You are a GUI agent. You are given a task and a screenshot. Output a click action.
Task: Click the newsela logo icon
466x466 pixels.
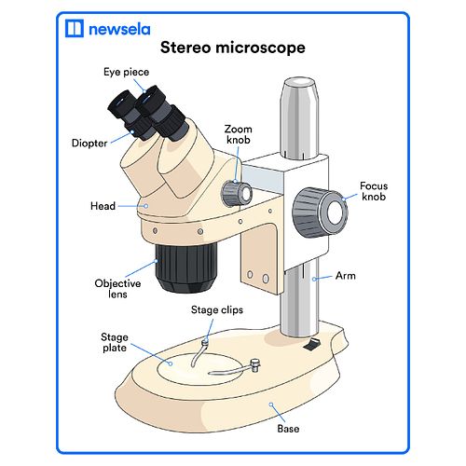point(75,28)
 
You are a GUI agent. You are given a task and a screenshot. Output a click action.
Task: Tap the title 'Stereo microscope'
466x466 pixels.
point(233,48)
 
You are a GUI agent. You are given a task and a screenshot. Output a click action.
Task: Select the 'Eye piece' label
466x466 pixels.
point(126,72)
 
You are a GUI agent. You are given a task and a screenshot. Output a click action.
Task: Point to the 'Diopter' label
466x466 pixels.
point(89,143)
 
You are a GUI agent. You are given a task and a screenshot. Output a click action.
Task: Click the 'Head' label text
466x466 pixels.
point(103,206)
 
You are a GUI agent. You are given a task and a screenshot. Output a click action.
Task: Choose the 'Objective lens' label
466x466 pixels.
point(117,289)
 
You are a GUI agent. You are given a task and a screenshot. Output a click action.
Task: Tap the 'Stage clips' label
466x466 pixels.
point(217,309)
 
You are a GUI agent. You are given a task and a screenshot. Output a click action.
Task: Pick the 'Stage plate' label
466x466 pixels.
point(115,342)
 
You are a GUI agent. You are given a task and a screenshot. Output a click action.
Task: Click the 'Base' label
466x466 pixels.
point(288,429)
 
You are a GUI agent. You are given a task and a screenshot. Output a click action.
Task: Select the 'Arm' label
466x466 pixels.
point(346,276)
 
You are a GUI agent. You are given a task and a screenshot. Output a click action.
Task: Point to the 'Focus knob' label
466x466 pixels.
point(374,191)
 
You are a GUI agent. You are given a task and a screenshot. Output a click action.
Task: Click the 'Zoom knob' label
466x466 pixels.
point(239,134)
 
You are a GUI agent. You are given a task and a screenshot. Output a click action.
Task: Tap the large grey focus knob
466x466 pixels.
point(320,212)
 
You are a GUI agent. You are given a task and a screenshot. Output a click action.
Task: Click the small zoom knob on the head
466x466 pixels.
point(237,193)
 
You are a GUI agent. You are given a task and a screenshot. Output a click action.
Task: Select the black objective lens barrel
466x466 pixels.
point(185,267)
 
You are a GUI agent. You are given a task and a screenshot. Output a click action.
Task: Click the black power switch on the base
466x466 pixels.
point(311,345)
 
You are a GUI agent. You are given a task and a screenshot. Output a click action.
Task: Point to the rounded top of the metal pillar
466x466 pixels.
point(299,83)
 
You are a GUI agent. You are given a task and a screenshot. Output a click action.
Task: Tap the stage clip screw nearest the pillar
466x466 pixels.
point(255,365)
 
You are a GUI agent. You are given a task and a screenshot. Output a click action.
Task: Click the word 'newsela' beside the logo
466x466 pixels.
point(119,29)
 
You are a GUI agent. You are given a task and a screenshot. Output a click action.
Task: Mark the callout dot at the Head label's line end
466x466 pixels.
point(145,206)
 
